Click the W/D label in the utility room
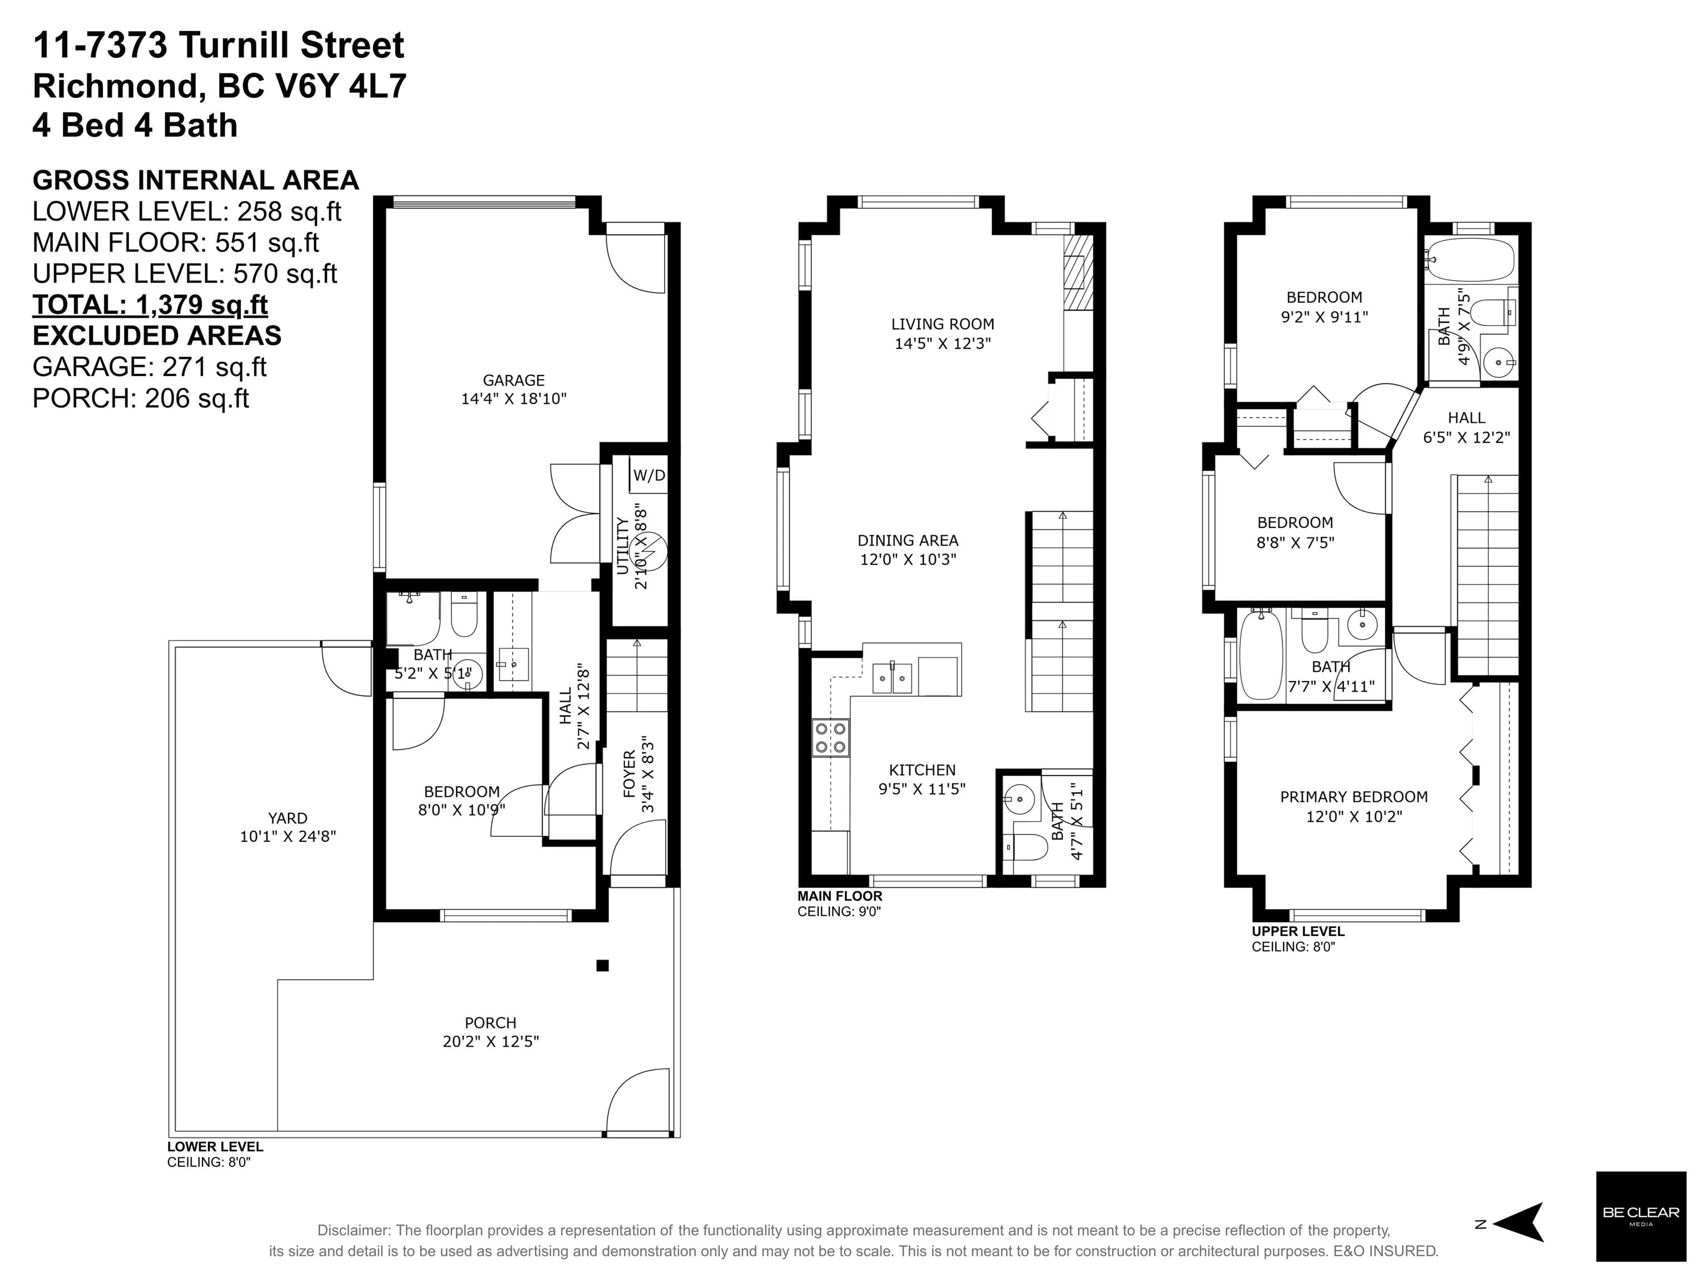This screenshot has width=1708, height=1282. (x=650, y=475)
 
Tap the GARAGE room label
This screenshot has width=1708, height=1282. (x=513, y=380)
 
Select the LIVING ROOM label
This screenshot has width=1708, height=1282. (x=942, y=324)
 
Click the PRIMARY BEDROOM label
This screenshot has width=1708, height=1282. (x=1354, y=797)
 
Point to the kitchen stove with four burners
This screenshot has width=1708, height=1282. (x=830, y=737)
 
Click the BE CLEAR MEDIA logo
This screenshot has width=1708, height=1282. (x=1641, y=1216)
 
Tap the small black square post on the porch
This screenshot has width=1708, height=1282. (x=602, y=965)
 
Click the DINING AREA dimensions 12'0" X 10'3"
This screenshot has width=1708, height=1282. (x=908, y=559)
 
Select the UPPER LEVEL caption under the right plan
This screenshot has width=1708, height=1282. (x=1298, y=931)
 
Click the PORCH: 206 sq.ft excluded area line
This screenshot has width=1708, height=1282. (x=141, y=398)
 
